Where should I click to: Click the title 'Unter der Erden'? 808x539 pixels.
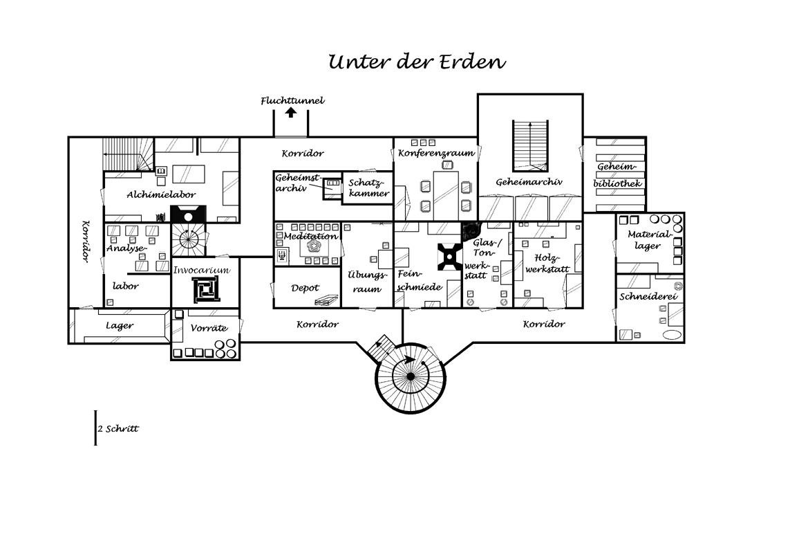[x=417, y=62]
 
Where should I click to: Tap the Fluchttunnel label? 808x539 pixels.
[x=292, y=101]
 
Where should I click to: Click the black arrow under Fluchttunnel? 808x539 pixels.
[x=291, y=112]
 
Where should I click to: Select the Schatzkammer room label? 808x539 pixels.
[x=368, y=188]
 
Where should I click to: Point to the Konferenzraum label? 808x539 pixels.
[x=436, y=153]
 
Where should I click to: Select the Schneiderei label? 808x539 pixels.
[x=648, y=297]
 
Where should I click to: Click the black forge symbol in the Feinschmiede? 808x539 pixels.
[x=449, y=257]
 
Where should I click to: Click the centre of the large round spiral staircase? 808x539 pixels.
[x=410, y=376]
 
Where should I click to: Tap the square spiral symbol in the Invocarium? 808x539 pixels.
[x=205, y=289]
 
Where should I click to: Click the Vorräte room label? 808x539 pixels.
[x=208, y=329]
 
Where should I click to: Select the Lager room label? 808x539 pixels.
[x=120, y=325]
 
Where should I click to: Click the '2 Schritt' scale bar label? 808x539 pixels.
[x=118, y=428]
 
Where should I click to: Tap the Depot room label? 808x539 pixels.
[x=305, y=288]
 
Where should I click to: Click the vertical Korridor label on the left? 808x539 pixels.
[x=86, y=241]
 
